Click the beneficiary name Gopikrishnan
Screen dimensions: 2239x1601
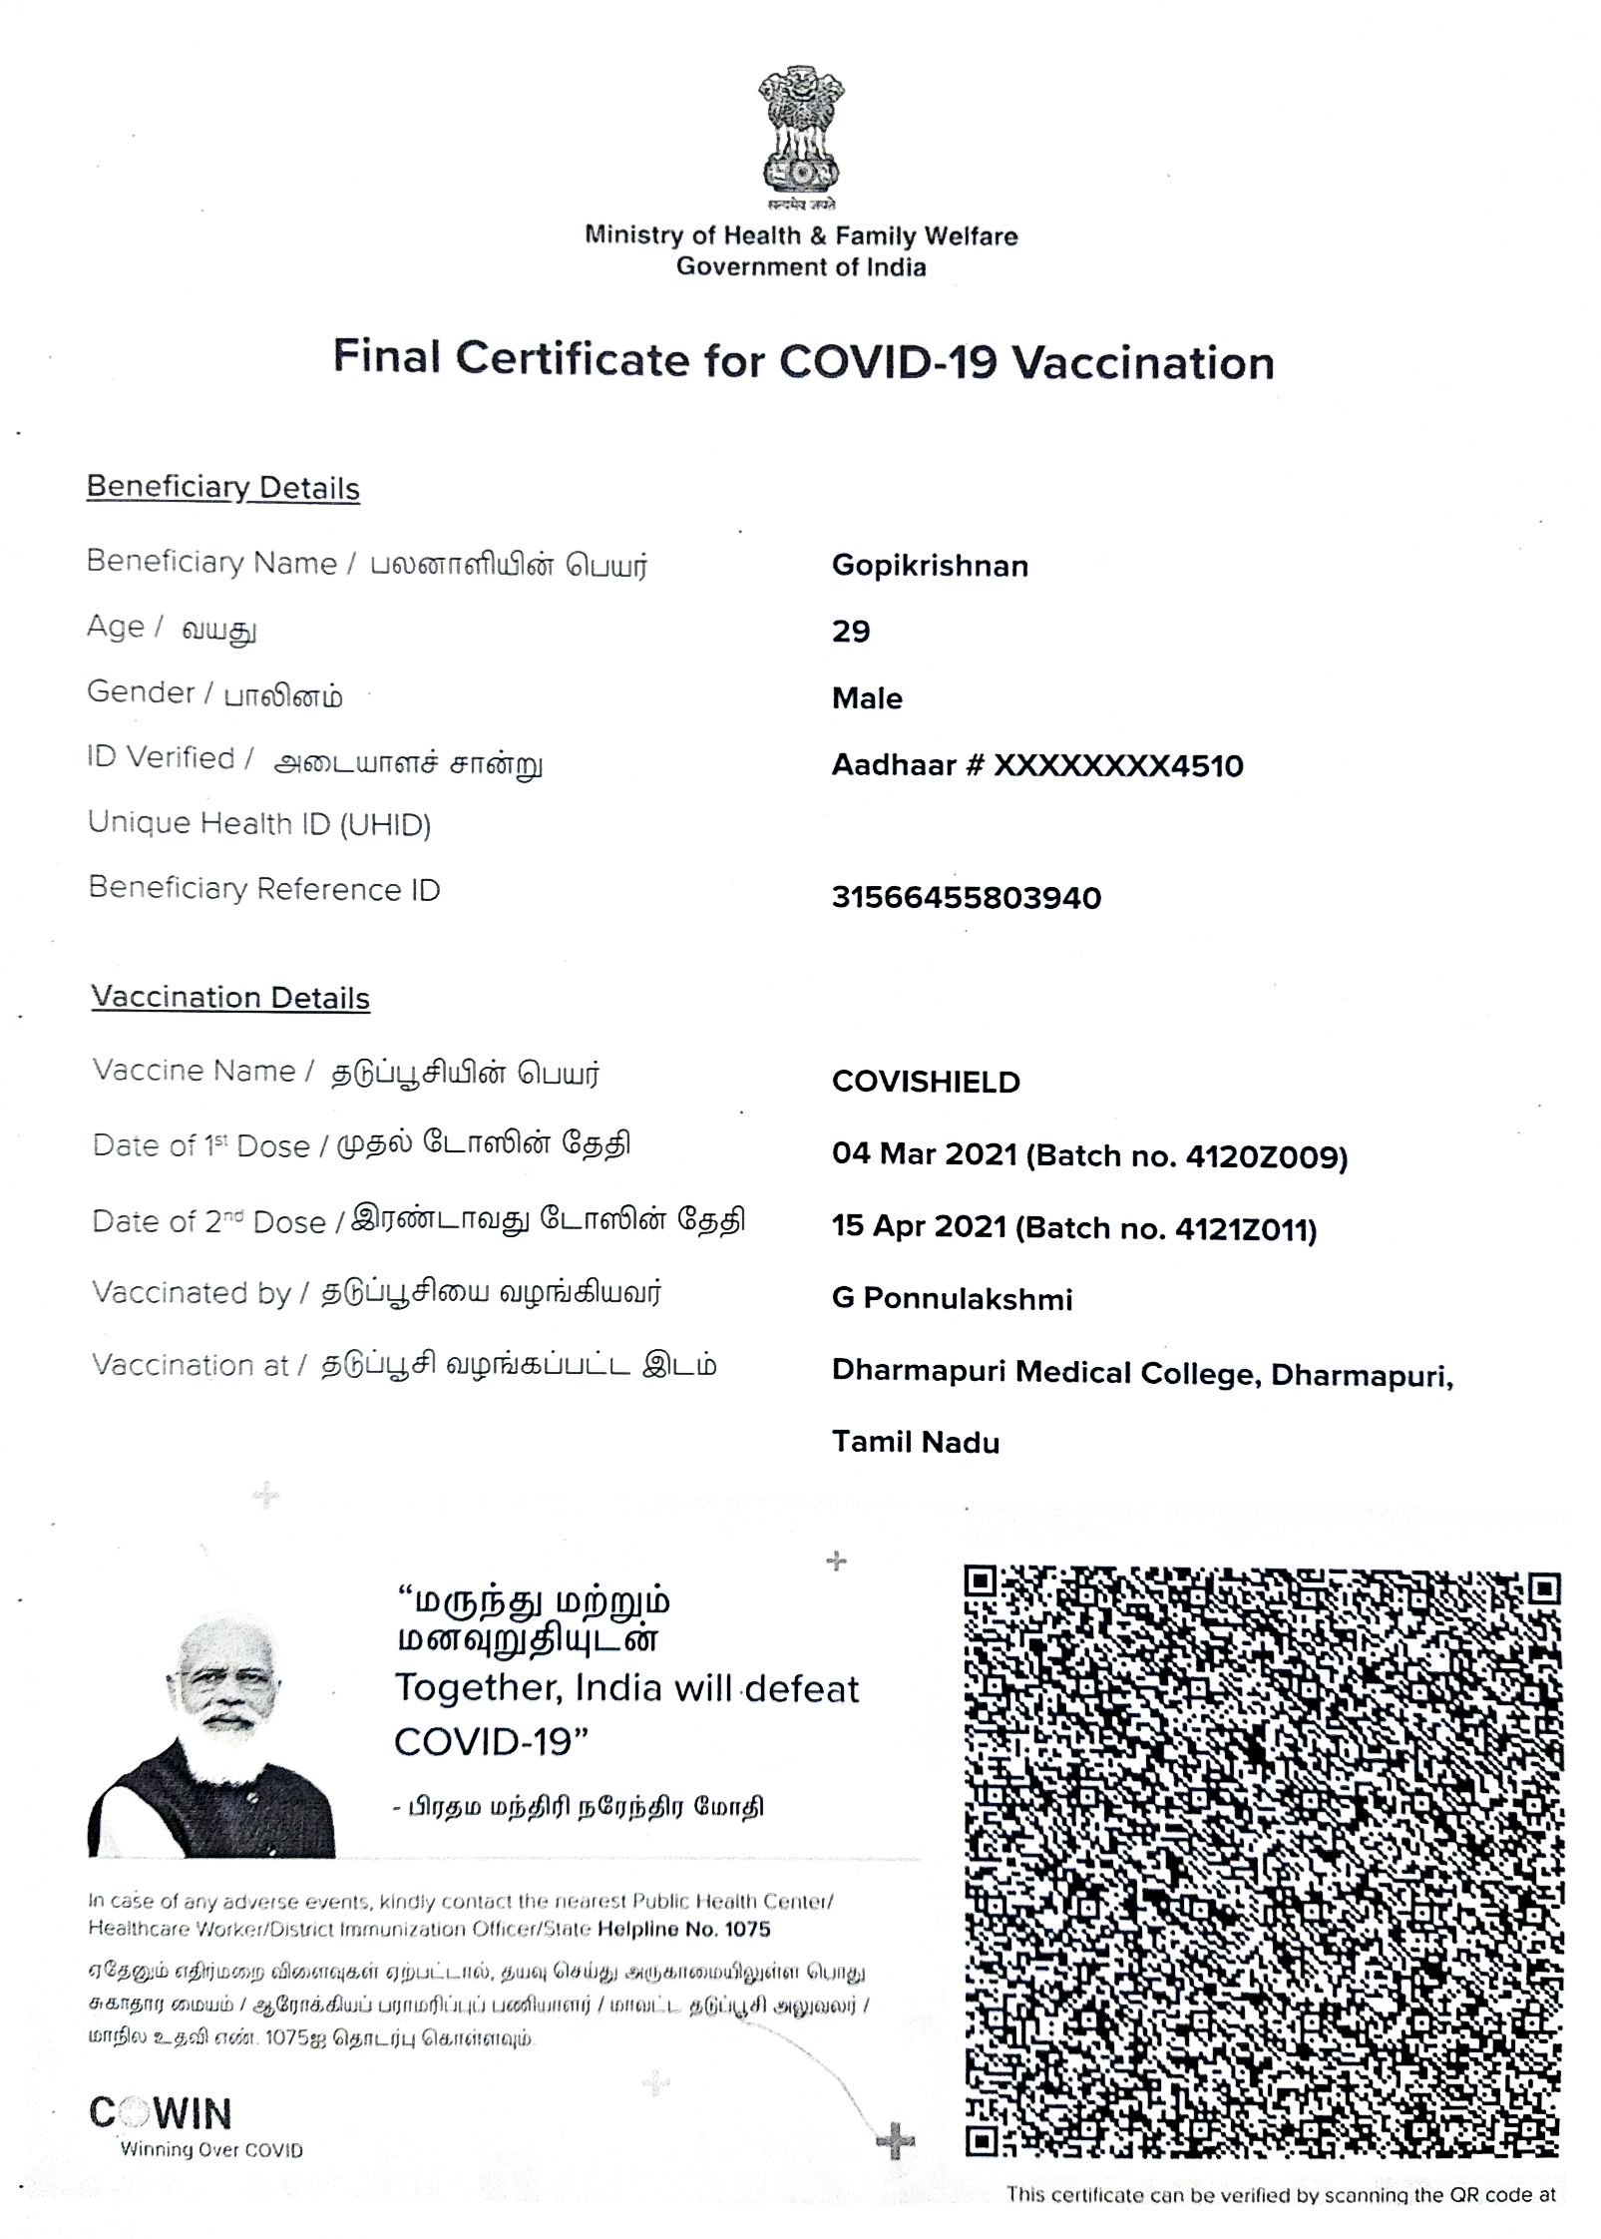coord(929,566)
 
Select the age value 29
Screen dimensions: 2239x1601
coord(851,632)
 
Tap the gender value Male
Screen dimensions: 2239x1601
coord(867,698)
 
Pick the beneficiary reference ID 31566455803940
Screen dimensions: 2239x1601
coord(966,898)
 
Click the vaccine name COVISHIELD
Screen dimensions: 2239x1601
coord(926,1083)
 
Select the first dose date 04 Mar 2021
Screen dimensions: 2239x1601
coord(924,1154)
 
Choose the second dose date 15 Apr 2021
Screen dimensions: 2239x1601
coord(919,1226)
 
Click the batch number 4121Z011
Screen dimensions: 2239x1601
coord(1242,1229)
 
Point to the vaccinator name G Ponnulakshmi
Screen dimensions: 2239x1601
coord(952,1299)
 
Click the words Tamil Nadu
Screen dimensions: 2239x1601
coord(916,1442)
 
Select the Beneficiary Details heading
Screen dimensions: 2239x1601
coord(222,488)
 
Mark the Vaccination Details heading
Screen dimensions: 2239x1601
coord(230,998)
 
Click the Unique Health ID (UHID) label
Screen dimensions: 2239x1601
coord(259,824)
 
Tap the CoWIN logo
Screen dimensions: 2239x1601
coord(162,2113)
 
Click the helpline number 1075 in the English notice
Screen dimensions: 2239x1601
coord(747,1929)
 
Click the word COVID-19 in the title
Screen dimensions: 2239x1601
coord(888,361)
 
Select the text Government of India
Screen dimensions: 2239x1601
coord(801,267)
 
